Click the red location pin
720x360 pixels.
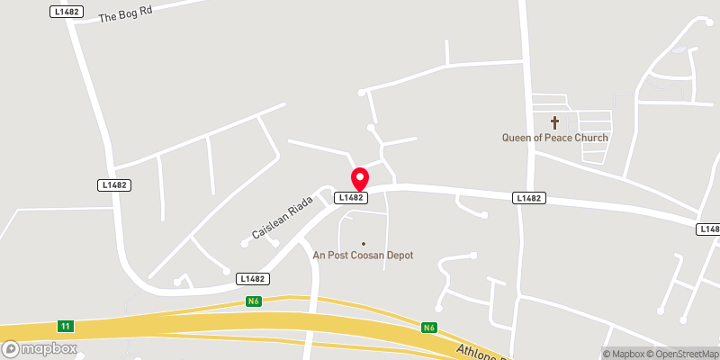tap(360, 176)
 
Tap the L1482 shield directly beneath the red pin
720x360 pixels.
tap(351, 197)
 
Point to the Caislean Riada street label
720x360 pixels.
tap(281, 217)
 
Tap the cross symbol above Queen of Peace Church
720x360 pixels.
tap(554, 121)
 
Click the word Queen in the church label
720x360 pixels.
tap(518, 138)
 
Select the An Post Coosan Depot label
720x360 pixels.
tap(363, 255)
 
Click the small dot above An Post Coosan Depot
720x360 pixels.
tap(364, 243)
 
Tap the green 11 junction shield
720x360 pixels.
tap(65, 325)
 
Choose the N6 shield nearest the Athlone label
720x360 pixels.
tap(429, 328)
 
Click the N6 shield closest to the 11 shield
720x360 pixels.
tap(255, 302)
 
